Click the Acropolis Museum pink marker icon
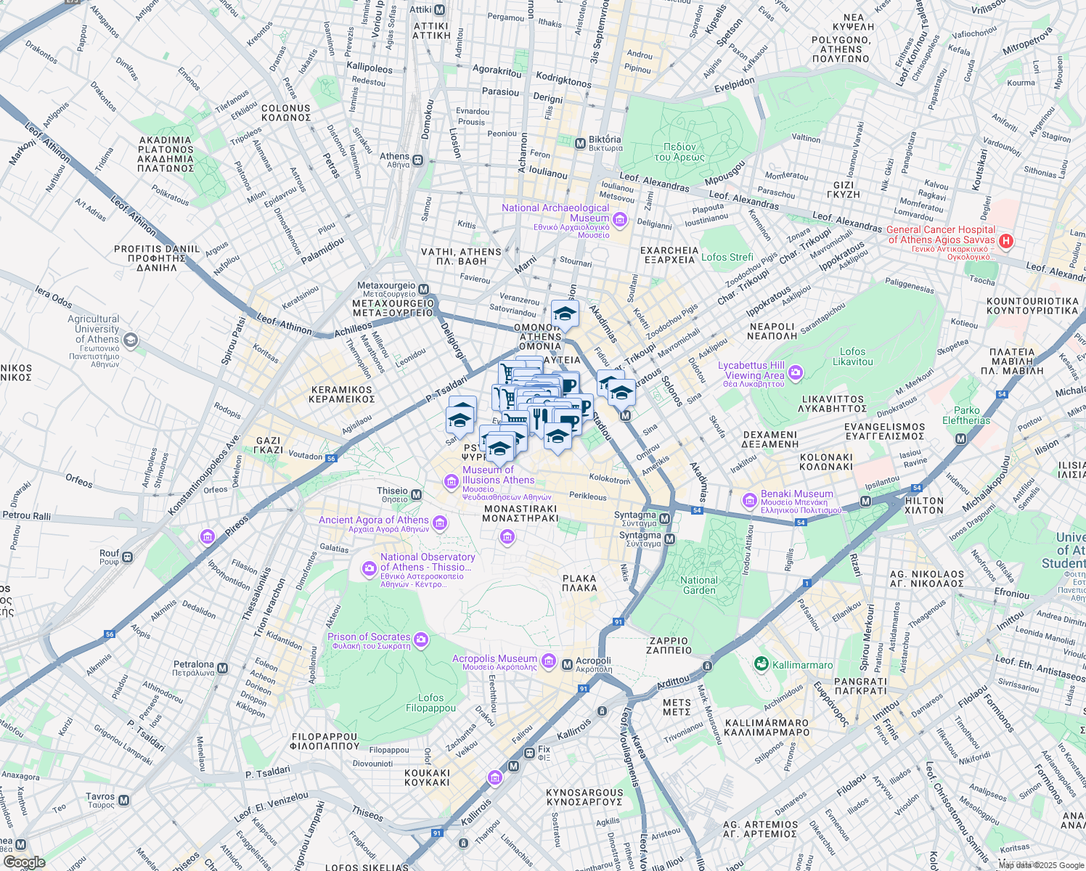[x=549, y=661]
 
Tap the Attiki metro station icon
[x=439, y=10]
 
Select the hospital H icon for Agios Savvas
[x=1005, y=240]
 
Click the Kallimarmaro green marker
[x=761, y=664]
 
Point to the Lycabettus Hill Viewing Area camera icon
[x=796, y=372]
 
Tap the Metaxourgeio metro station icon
[x=424, y=290]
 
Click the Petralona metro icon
[x=223, y=668]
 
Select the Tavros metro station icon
[x=124, y=801]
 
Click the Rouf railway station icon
[x=128, y=557]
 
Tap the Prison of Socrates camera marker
[x=421, y=640]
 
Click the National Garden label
[x=699, y=585]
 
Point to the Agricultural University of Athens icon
[x=130, y=339]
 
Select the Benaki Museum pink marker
[x=749, y=500]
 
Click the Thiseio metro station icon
[x=417, y=495]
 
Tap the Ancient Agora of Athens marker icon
[x=439, y=523]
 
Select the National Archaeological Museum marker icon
[x=620, y=219]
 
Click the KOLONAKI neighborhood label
[x=825, y=462]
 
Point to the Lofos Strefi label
[x=727, y=257]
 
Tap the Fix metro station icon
[x=529, y=753]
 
